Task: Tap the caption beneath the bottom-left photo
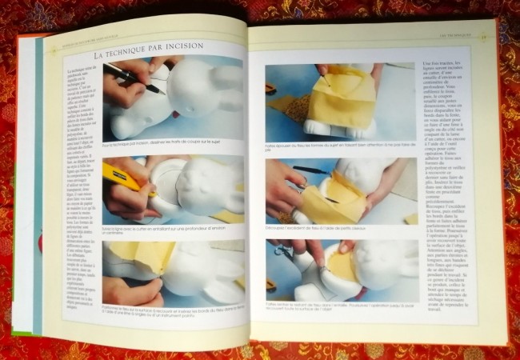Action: [171, 318]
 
